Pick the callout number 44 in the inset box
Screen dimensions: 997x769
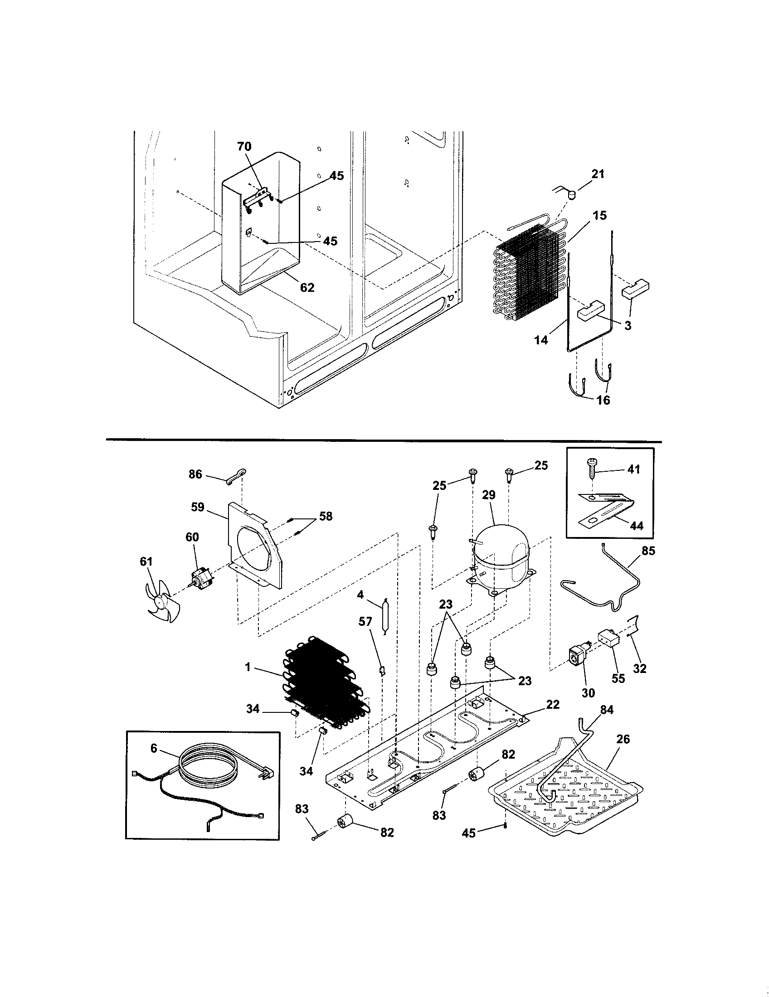click(x=636, y=526)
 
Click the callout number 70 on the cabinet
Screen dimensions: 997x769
click(x=244, y=146)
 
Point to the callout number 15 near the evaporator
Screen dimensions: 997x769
click(x=599, y=215)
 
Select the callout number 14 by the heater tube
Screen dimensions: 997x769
click(x=540, y=339)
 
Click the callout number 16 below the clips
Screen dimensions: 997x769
click(x=603, y=400)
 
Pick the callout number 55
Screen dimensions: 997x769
click(x=618, y=691)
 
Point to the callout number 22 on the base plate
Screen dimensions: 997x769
click(x=553, y=704)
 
